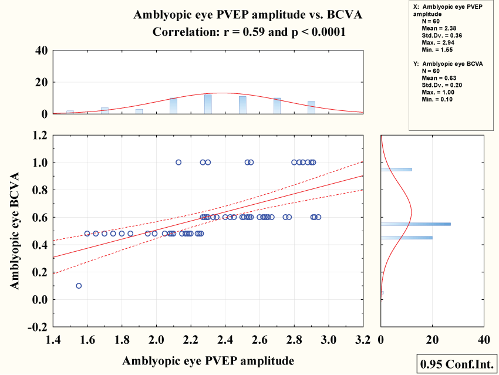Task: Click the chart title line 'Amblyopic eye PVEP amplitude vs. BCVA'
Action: (x=248, y=15)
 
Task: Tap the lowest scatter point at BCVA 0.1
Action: (x=79, y=286)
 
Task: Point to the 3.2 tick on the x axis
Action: (x=362, y=340)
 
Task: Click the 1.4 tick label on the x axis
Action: (x=53, y=340)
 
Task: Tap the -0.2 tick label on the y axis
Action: (x=37, y=326)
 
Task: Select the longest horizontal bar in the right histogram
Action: (x=416, y=224)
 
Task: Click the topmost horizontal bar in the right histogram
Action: (x=396, y=170)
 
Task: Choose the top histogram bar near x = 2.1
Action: (x=173, y=106)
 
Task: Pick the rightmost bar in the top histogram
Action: (x=311, y=107)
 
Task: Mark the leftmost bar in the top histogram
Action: (x=70, y=112)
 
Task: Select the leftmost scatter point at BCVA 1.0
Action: (x=178, y=162)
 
